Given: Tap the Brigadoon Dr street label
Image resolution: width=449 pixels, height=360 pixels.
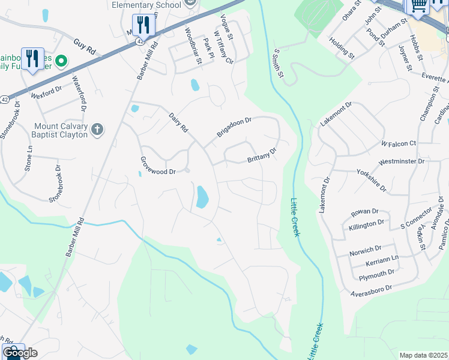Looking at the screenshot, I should (x=234, y=127).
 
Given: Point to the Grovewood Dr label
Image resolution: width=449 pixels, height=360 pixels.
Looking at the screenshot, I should (x=157, y=166).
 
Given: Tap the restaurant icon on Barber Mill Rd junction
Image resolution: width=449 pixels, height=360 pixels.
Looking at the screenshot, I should (x=143, y=25).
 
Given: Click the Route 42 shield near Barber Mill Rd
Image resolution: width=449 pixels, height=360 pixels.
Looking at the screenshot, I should (x=140, y=41).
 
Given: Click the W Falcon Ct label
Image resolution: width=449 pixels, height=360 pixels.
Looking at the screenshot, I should (x=399, y=143).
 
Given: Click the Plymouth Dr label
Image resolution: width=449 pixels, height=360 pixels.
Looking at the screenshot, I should (x=376, y=274).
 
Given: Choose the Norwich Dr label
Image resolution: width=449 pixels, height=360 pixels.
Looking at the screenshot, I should (x=366, y=248).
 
